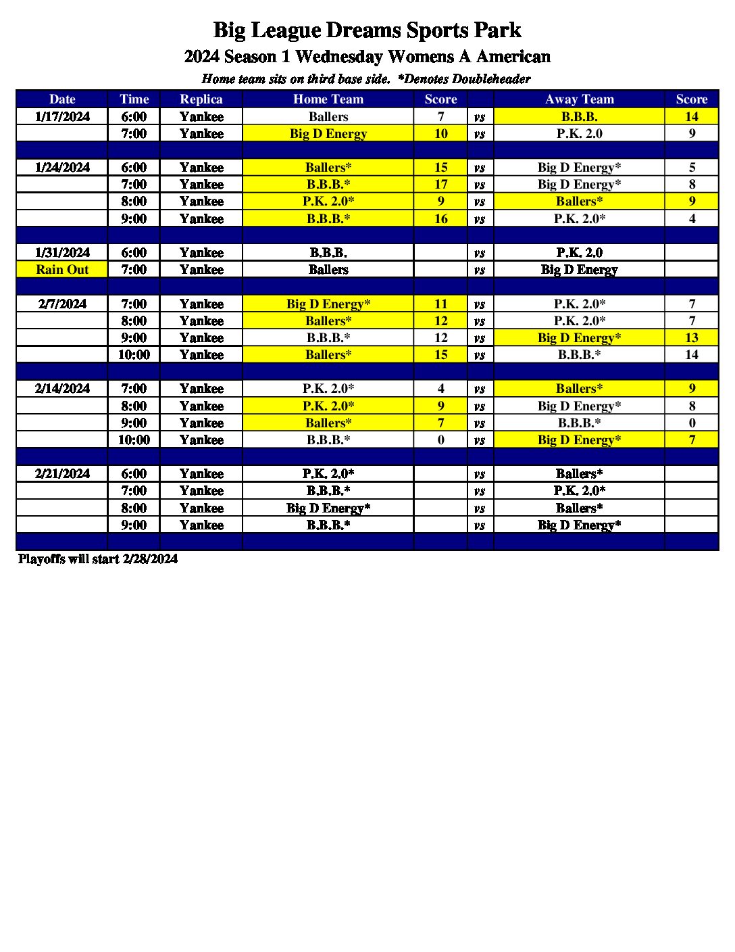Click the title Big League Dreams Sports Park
click(367, 30)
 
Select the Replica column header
click(201, 99)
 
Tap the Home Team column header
click(328, 99)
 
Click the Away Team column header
click(579, 99)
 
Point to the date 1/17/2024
click(62, 116)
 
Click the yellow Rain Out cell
click(62, 269)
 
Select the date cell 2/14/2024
click(62, 388)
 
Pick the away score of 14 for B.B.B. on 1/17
click(691, 116)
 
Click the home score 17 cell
click(440, 184)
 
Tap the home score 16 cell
click(440, 218)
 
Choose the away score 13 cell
click(691, 337)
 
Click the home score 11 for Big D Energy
click(440, 304)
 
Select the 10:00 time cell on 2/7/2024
click(134, 354)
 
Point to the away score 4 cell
click(691, 218)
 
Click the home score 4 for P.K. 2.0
click(440, 388)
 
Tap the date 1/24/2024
click(62, 167)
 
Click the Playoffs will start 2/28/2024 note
click(98, 558)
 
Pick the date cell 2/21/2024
click(62, 473)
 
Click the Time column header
click(134, 99)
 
